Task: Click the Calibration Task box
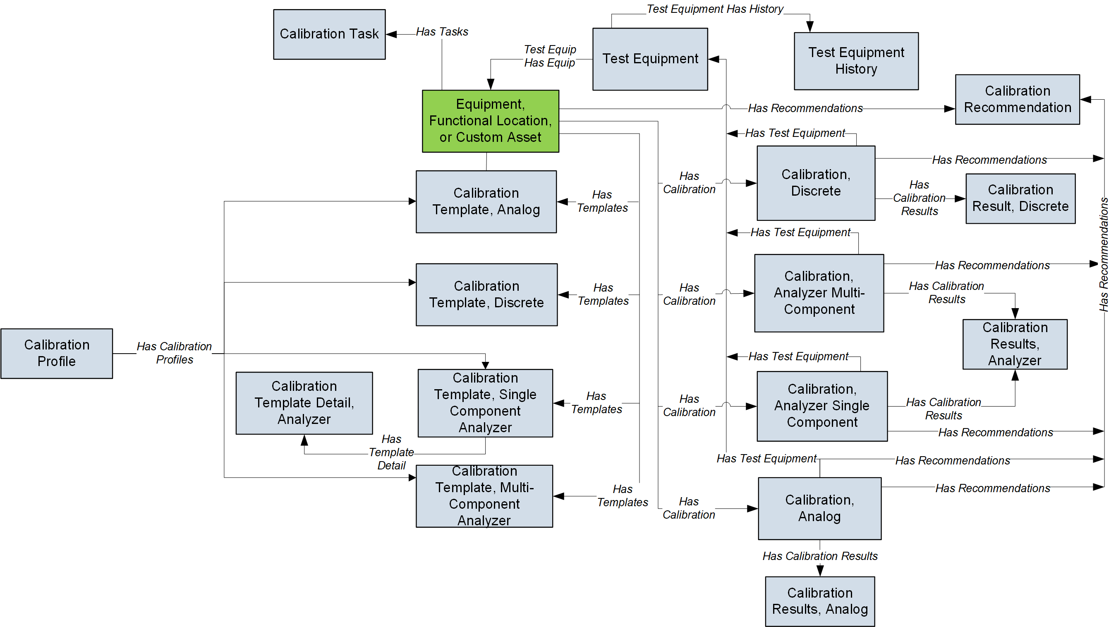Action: pyautogui.click(x=329, y=34)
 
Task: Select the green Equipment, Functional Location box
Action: pyautogui.click(x=491, y=121)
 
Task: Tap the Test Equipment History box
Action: pyautogui.click(x=856, y=61)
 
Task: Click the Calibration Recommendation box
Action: pyautogui.click(x=1017, y=99)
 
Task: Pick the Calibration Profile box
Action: pyautogui.click(x=57, y=353)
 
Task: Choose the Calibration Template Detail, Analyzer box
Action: pyautogui.click(x=304, y=402)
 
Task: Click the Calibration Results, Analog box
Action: pyautogui.click(x=820, y=601)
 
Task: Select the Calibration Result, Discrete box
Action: pyautogui.click(x=1020, y=199)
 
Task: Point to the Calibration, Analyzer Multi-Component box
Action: pyautogui.click(x=819, y=293)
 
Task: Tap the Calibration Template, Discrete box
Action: pyautogui.click(x=486, y=294)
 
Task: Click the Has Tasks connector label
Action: pyautogui.click(x=442, y=31)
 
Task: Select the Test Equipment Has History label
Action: pyautogui.click(x=715, y=9)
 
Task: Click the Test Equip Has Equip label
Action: pyautogui.click(x=550, y=56)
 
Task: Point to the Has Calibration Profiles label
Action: pyautogui.click(x=174, y=353)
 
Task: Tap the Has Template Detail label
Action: pyautogui.click(x=391, y=452)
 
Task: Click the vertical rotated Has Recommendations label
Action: pyautogui.click(x=1104, y=254)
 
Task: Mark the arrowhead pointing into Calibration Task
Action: pyautogui.click(x=391, y=34)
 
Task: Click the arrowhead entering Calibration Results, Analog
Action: pyautogui.click(x=820, y=571)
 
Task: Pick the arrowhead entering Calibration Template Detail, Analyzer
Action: pyautogui.click(x=304, y=440)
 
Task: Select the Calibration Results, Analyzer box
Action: pyautogui.click(x=1015, y=344)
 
